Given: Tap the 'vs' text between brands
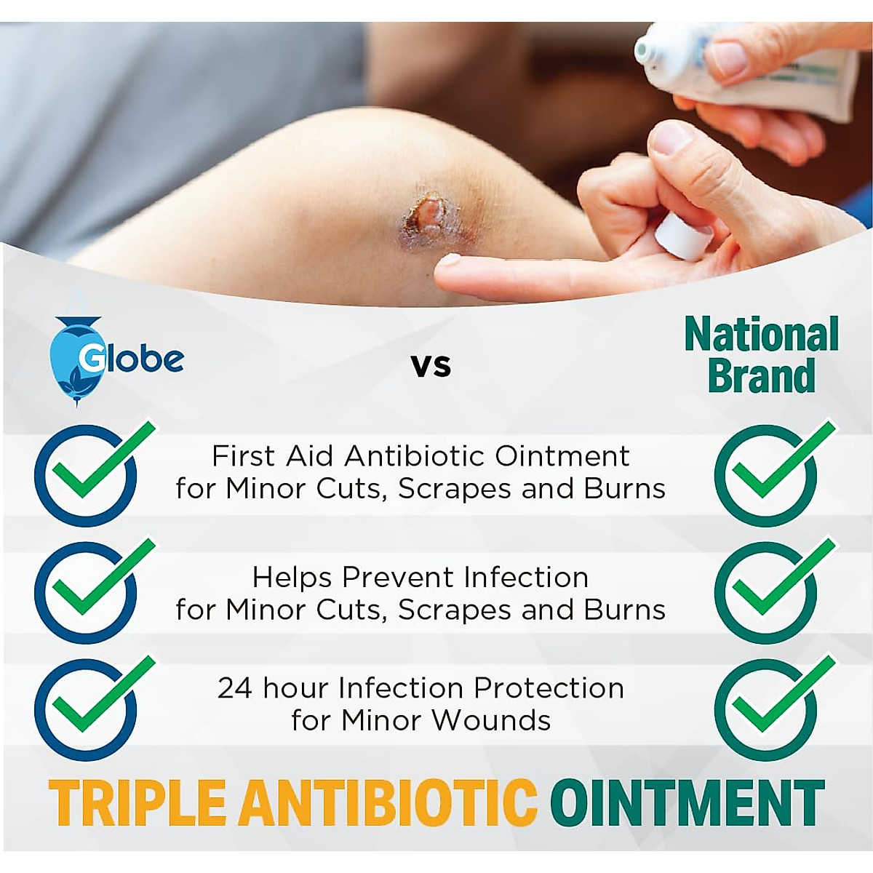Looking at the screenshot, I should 431,365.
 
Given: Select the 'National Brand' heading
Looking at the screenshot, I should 761,355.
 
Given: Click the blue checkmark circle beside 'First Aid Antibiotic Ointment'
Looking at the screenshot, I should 86,475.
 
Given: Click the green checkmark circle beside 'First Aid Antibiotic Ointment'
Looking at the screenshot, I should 765,475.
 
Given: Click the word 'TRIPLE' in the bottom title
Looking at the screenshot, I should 137,802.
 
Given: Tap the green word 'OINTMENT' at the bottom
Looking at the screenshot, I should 687,802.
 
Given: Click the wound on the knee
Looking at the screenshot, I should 429,215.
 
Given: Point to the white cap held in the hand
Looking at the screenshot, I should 684,237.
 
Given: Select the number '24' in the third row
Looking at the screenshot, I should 234,688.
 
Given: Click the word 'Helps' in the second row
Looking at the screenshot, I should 293,578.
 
